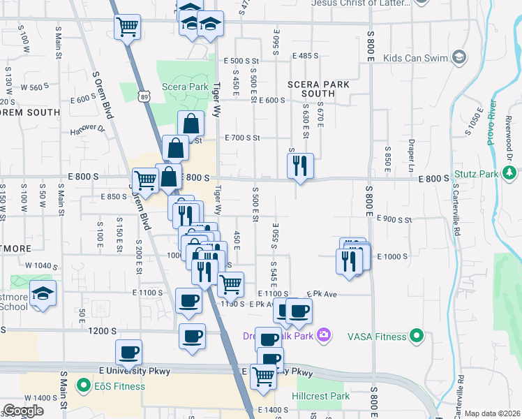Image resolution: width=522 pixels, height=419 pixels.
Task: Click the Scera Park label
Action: coord(185,87)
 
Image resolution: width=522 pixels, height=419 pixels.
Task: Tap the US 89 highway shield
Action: coord(143,94)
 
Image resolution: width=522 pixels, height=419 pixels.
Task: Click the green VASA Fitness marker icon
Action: coord(416,337)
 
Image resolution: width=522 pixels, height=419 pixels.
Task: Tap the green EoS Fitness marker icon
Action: coord(83,385)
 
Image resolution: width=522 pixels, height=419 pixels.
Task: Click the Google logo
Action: coord(23,411)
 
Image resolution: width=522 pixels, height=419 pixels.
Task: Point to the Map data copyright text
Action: coord(492,413)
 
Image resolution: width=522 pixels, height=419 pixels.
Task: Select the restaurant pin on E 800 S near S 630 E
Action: coord(300,166)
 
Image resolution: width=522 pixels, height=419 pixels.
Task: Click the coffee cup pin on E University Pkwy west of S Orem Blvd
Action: coord(128,353)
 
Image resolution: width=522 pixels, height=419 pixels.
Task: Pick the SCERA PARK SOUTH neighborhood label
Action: coord(318,89)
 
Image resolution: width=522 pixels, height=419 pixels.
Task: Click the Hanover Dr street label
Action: coord(87,128)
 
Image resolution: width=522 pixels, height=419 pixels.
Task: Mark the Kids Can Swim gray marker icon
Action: coord(459,56)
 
